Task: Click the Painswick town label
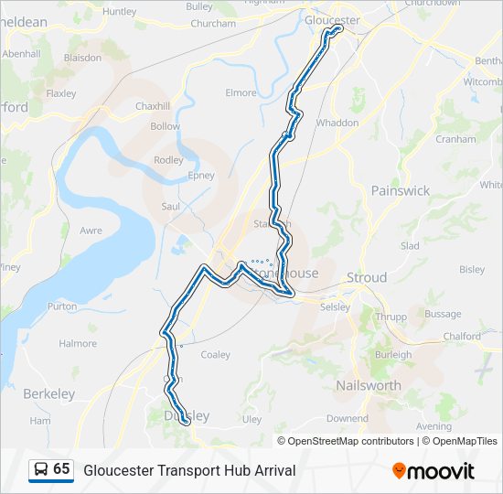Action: pos(400,190)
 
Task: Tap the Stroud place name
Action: pos(366,277)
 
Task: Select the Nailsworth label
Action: pos(368,385)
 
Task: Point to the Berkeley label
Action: pos(49,393)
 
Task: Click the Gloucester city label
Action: pos(332,19)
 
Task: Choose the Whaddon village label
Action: pos(337,122)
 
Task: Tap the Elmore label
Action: pos(241,92)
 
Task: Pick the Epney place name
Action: pos(200,176)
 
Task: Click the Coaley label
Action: pos(215,354)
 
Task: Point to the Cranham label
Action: pos(456,139)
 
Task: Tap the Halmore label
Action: pos(78,343)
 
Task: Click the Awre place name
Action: pos(91,231)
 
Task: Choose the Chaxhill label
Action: pos(153,106)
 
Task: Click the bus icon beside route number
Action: pos(41,469)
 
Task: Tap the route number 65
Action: pos(61,469)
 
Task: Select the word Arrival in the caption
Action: pos(270,470)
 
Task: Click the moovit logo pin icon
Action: pos(399,470)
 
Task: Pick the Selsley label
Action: pos(336,306)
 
